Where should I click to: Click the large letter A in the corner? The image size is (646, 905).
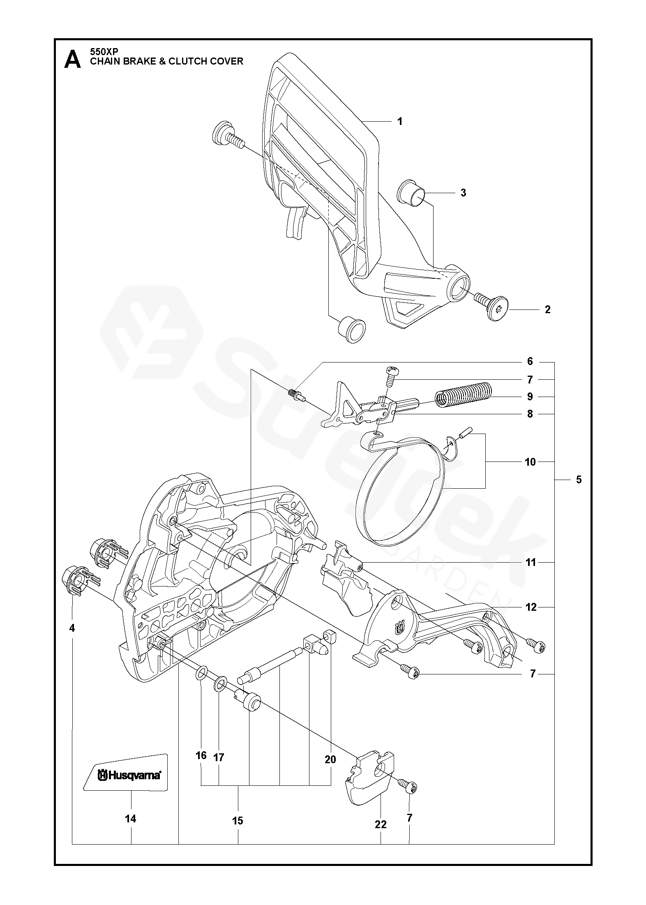pos(72,60)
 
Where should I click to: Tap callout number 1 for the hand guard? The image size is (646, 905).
pos(399,122)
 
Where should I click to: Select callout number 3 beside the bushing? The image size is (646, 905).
pos(463,193)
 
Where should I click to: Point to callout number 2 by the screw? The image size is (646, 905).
pos(547,309)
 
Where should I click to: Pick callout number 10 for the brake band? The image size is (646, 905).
pos(530,462)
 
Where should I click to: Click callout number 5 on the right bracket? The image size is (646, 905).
pos(579,479)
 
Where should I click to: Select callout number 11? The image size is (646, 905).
pos(531,562)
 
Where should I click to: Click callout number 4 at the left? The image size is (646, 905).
pos(72,628)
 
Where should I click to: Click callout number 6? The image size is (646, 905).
pos(530,361)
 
